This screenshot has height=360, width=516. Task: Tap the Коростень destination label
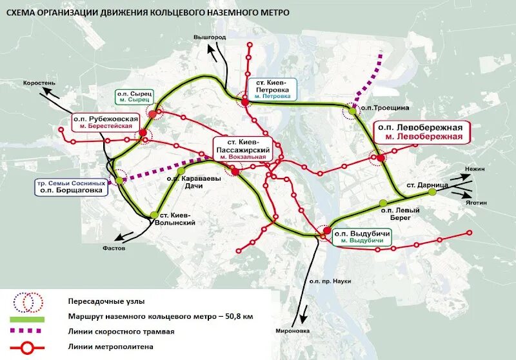pyautogui.click(x=40, y=83)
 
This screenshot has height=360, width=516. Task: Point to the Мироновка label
pyautogui.click(x=296, y=331)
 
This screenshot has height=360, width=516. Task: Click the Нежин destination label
pyautogui.click(x=474, y=168)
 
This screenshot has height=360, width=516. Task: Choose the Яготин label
pyautogui.click(x=474, y=201)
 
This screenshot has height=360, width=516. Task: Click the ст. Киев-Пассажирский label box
pyautogui.click(x=248, y=149)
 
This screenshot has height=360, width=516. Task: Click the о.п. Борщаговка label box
pyautogui.click(x=71, y=187)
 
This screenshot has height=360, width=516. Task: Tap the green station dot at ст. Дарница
pyautogui.click(x=433, y=192)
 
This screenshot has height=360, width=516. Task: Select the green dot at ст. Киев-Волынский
pyautogui.click(x=154, y=215)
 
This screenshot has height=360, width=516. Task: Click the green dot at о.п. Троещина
pyautogui.click(x=352, y=111)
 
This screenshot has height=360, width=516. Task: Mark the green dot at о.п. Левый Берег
pyautogui.click(x=384, y=203)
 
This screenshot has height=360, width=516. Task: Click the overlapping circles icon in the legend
pyautogui.click(x=28, y=301)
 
